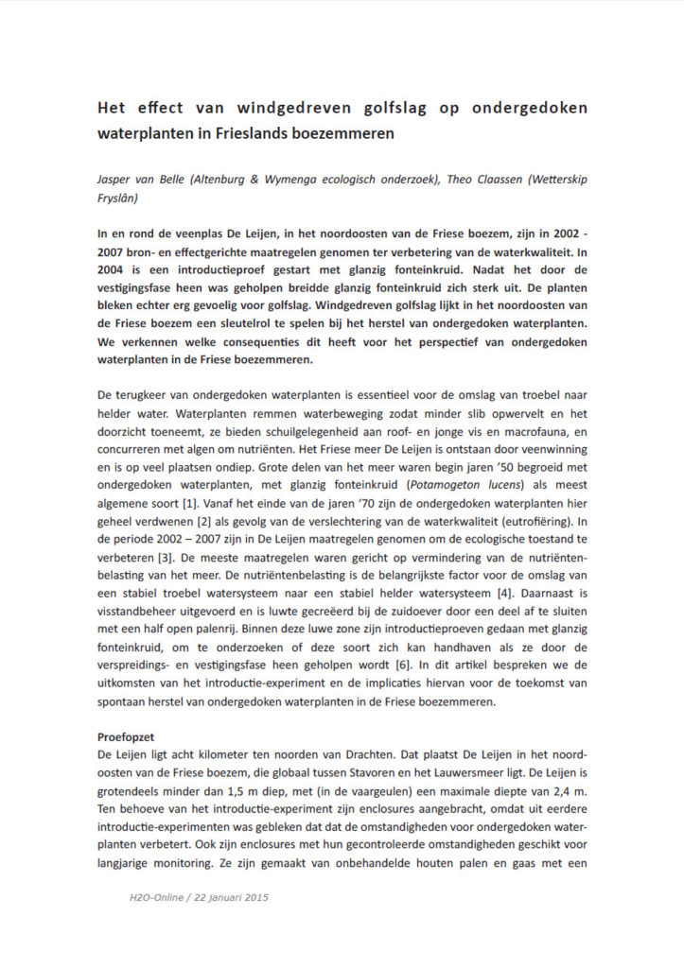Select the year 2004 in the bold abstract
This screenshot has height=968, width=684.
click(x=115, y=269)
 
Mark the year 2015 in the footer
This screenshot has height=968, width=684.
click(x=253, y=897)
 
